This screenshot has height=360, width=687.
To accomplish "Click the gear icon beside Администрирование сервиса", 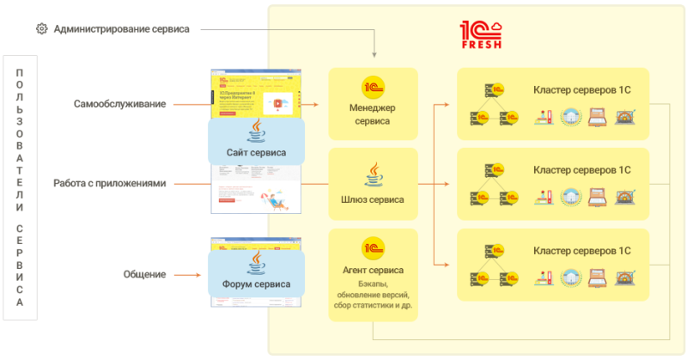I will pyautogui.click(x=41, y=28).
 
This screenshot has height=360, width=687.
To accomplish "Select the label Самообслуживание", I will pyautogui.click(x=119, y=104).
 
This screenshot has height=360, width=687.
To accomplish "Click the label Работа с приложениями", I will pyautogui.click(x=108, y=183).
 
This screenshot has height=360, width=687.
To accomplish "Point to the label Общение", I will pyautogui.click(x=144, y=274).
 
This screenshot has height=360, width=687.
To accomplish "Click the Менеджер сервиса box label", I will pyautogui.click(x=372, y=114).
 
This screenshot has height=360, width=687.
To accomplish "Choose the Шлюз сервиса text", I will pyautogui.click(x=372, y=200).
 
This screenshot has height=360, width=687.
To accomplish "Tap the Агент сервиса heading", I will pyautogui.click(x=373, y=270).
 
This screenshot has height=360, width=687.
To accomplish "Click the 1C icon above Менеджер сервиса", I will pyautogui.click(x=373, y=87).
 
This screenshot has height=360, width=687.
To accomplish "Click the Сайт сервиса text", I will pyautogui.click(x=256, y=153).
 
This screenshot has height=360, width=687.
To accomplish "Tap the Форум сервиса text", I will pyautogui.click(x=256, y=284).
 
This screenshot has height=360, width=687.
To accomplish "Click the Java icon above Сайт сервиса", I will pyautogui.click(x=256, y=131).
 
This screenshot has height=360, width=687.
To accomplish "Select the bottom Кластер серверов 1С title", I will pyautogui.click(x=581, y=251).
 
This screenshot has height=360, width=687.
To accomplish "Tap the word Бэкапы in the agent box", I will pyautogui.click(x=372, y=284).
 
